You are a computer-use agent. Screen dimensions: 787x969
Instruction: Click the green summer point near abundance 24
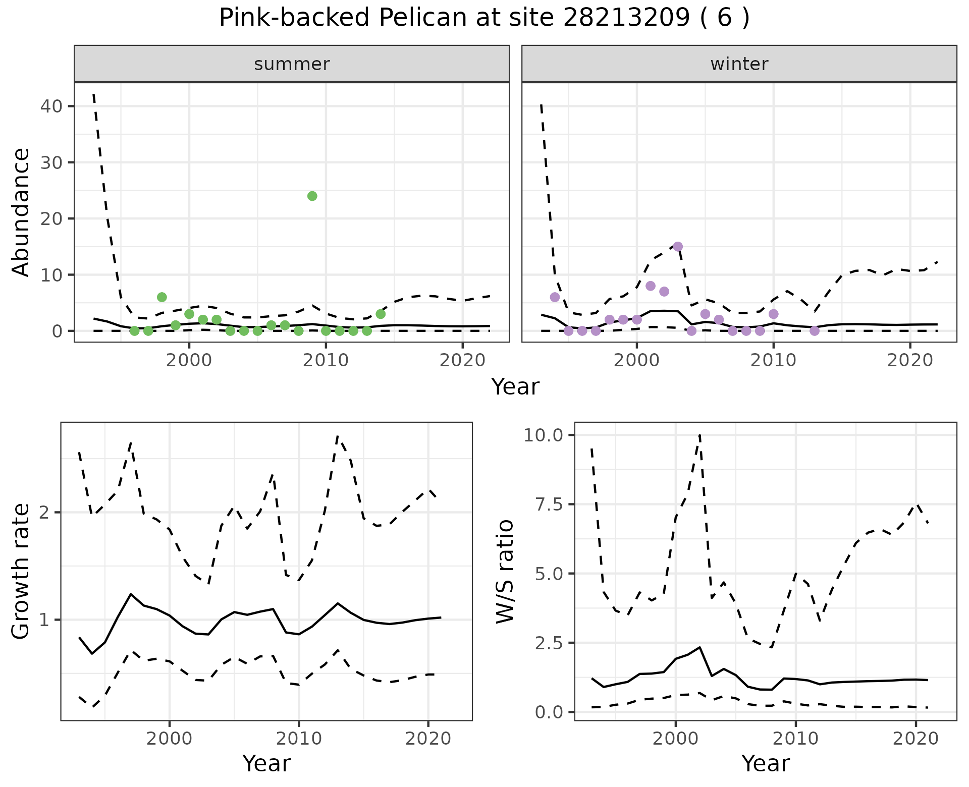[312, 196]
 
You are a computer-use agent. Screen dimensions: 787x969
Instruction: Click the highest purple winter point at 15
[678, 246]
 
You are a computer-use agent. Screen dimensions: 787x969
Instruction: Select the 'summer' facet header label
[292, 64]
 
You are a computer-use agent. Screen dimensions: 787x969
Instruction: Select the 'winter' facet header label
[739, 64]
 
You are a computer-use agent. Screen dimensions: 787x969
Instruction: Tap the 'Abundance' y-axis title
[21, 212]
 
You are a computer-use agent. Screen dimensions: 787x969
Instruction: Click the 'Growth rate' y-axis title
[21, 572]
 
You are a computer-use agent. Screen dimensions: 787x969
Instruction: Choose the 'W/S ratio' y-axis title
[505, 572]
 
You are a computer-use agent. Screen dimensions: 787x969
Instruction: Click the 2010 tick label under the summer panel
[326, 360]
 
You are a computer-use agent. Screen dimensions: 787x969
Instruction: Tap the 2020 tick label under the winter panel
[910, 360]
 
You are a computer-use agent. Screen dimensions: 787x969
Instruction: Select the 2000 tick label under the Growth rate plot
[170, 739]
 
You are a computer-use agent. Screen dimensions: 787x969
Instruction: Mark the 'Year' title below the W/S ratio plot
[765, 763]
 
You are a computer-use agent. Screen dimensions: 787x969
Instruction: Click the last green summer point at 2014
[381, 314]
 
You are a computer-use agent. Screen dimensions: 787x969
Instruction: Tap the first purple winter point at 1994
[555, 297]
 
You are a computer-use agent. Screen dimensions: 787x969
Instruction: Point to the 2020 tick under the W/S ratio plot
[916, 739]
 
